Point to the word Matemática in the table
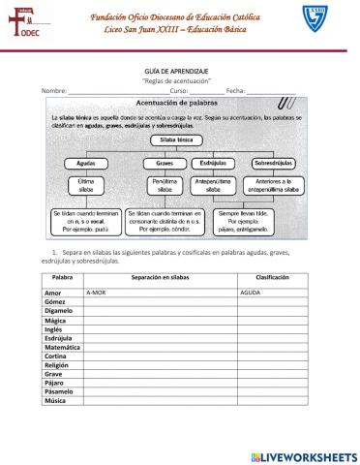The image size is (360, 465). (63, 346)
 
